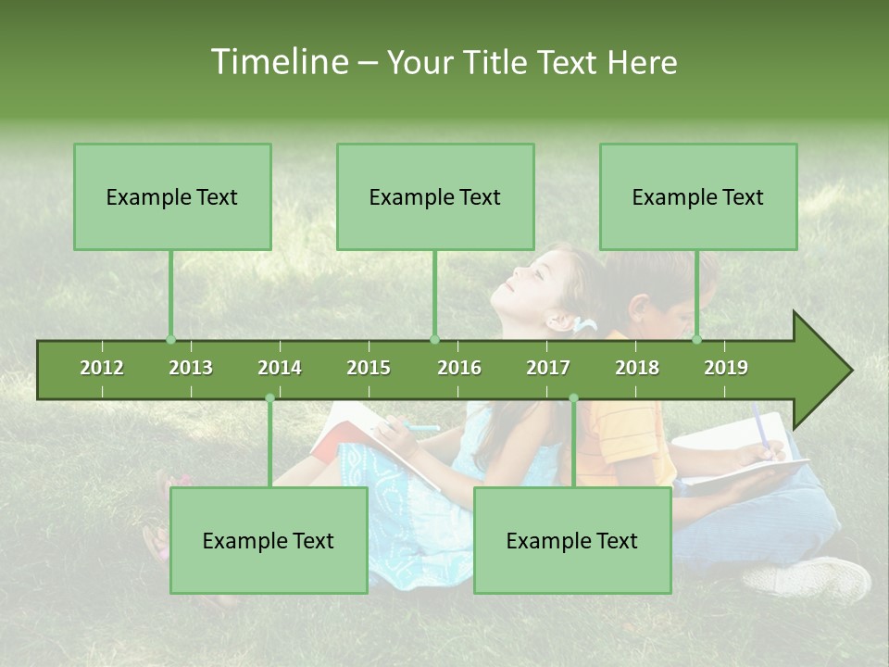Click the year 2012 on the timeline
[102, 368]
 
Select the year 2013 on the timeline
[191, 368]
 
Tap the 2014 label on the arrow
[280, 368]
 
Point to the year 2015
[369, 368]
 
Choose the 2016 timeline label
[459, 368]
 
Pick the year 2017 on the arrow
[548, 368]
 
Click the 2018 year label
[637, 368]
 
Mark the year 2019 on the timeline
[726, 368]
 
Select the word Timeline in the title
[279, 62]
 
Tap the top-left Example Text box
[172, 196]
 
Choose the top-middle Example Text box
[435, 196]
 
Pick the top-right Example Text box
[698, 196]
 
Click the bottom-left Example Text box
[269, 540]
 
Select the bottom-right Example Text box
[572, 540]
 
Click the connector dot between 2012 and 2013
[170, 339]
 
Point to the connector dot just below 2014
[269, 398]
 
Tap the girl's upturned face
[528, 278]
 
